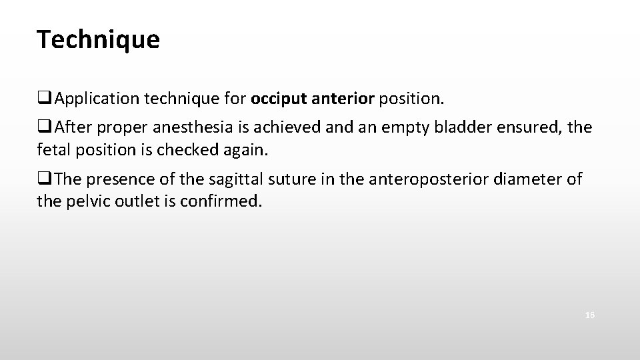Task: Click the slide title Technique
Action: pos(99,40)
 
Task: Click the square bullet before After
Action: pos(44,127)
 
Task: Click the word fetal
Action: pos(53,150)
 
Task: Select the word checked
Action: pos(187,150)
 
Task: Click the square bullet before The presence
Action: pos(44,178)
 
